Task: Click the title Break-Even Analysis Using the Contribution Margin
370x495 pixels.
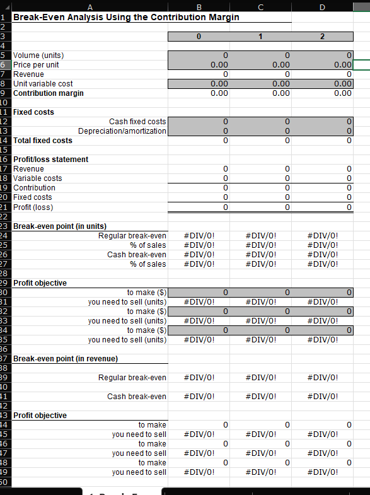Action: click(126, 17)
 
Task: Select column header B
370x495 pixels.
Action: click(199, 6)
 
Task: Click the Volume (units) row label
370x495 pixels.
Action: click(38, 55)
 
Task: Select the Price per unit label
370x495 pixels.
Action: click(37, 65)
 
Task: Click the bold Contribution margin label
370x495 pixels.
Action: click(49, 93)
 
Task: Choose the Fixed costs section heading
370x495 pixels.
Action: click(33, 112)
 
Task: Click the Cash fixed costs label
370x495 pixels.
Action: click(137, 122)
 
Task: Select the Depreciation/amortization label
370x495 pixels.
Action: click(122, 131)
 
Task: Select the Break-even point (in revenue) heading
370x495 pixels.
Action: click(66, 359)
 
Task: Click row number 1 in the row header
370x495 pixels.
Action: click(4, 17)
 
